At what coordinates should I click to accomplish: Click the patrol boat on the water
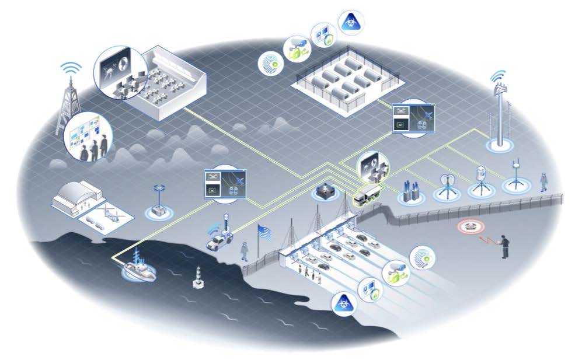click(x=139, y=268)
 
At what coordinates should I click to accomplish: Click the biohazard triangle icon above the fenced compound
click(x=353, y=21)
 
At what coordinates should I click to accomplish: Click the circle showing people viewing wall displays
click(x=89, y=138)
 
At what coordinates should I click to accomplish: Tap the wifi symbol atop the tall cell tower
click(x=498, y=76)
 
